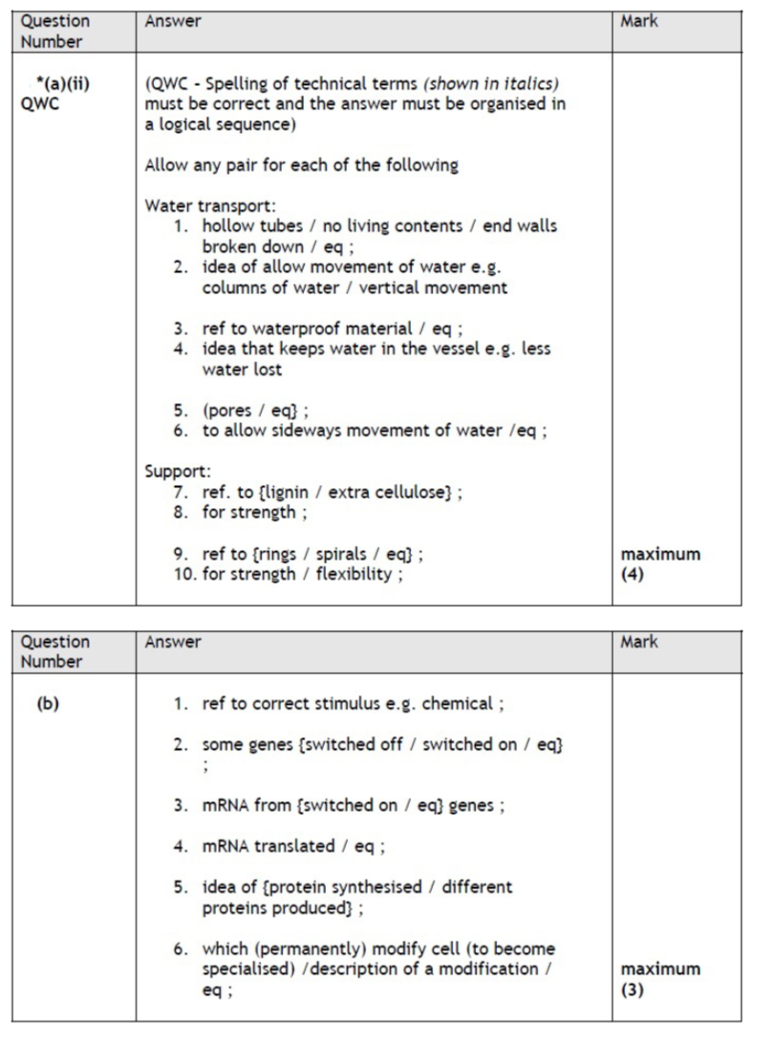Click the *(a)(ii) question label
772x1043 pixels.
(62, 84)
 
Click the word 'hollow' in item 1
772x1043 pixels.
(225, 226)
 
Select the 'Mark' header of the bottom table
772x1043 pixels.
(639, 643)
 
